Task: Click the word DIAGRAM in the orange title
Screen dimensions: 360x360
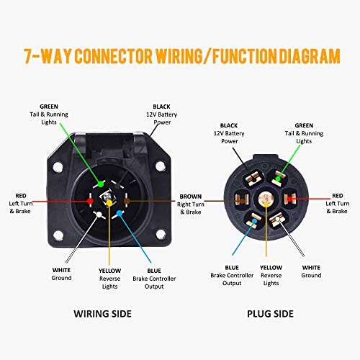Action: tap(310, 56)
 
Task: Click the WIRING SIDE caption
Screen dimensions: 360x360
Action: tap(102, 314)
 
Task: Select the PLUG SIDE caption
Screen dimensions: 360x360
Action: tap(270, 314)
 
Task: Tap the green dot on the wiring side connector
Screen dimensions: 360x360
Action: tap(101, 184)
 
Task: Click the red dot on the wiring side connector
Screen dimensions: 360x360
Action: tap(90, 201)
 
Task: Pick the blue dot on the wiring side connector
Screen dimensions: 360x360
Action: tap(119, 213)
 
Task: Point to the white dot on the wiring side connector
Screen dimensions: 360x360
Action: tap(99, 215)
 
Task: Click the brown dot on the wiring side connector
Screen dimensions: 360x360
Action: tap(127, 201)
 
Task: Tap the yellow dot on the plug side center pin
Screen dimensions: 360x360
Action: tap(266, 204)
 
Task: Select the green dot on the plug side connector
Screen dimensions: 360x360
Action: tap(278, 179)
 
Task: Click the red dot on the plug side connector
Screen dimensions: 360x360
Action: tap(289, 199)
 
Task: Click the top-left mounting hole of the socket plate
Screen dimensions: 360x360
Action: tap(58, 166)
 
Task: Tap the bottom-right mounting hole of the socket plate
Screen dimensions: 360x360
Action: tap(161, 234)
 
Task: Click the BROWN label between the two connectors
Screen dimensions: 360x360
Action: tap(191, 197)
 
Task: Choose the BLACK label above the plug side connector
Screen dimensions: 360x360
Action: tap(229, 125)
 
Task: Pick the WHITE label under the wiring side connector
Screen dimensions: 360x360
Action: tap(61, 270)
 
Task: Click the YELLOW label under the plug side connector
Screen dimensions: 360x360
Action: tap(271, 268)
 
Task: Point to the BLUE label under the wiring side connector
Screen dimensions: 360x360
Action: tap(154, 271)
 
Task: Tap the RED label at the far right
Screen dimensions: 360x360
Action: tap(338, 196)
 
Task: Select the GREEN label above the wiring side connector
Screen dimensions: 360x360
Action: tap(49, 107)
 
